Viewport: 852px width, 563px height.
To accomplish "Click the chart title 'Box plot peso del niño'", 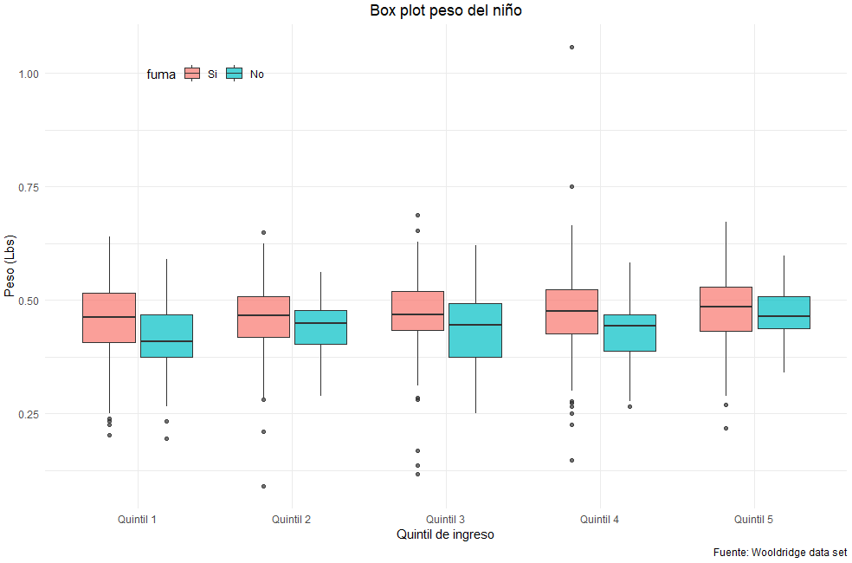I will tap(445, 10).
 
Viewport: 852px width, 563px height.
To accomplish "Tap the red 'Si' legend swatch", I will tap(192, 74).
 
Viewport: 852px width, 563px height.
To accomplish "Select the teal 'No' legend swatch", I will tap(234, 74).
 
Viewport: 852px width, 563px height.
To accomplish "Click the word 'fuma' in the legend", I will tap(161, 74).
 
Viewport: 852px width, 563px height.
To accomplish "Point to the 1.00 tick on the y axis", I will tap(29, 74).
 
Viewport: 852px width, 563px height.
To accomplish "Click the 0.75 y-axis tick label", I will tap(29, 187).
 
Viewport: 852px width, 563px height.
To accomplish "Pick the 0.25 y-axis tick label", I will tap(29, 414).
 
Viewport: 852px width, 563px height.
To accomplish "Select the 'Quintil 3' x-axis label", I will tap(445, 520).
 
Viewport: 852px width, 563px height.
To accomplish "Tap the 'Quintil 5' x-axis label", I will tap(753, 520).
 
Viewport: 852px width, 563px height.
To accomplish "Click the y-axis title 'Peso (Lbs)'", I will tap(10, 266).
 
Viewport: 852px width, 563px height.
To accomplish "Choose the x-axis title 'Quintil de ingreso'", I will tap(445, 534).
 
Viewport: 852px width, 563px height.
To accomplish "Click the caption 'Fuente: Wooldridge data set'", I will tap(780, 552).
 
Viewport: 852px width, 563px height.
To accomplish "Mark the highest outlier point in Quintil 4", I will tap(572, 47).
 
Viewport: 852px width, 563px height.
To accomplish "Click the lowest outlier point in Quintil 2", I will tap(263, 486).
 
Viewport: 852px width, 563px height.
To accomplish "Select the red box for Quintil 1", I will tap(109, 318).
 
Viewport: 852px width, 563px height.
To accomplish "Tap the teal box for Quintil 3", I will tap(475, 330).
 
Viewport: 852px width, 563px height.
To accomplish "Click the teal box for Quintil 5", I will tap(784, 312).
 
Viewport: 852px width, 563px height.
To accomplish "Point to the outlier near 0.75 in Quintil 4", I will tap(572, 186).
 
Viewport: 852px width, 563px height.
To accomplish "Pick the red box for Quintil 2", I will tap(263, 316).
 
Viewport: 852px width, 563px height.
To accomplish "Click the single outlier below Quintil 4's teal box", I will tap(629, 406).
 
